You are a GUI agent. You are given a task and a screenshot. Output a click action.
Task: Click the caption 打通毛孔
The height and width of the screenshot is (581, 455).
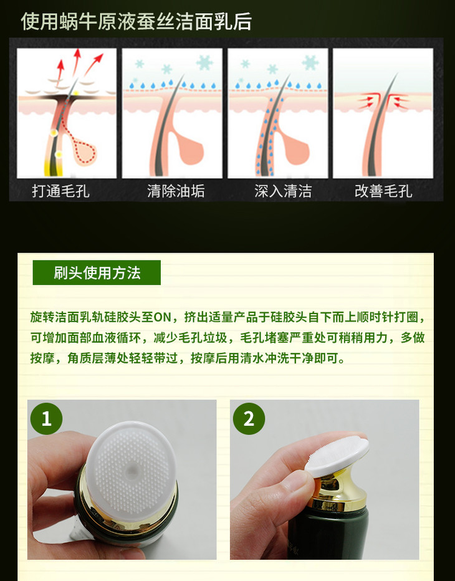(60, 191)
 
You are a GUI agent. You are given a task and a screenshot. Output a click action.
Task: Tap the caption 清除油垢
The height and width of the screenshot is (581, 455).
(176, 191)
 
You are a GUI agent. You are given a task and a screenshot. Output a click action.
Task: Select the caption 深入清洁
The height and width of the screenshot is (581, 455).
(283, 191)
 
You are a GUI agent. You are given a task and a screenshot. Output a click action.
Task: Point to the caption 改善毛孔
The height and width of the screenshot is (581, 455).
(383, 191)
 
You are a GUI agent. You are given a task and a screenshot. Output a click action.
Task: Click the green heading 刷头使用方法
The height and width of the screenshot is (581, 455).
(97, 272)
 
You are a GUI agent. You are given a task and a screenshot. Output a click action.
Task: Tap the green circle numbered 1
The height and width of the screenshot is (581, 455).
(46, 419)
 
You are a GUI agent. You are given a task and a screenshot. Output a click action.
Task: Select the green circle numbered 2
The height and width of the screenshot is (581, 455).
(249, 419)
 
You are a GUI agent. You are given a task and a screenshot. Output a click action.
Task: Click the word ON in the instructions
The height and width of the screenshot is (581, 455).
(162, 317)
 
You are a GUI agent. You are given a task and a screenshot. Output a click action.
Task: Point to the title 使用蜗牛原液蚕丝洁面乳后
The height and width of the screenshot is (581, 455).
(136, 21)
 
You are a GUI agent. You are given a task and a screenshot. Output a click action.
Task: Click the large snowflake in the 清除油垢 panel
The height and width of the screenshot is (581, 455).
(204, 62)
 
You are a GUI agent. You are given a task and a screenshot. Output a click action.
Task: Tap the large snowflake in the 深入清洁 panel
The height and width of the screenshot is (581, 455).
(310, 62)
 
